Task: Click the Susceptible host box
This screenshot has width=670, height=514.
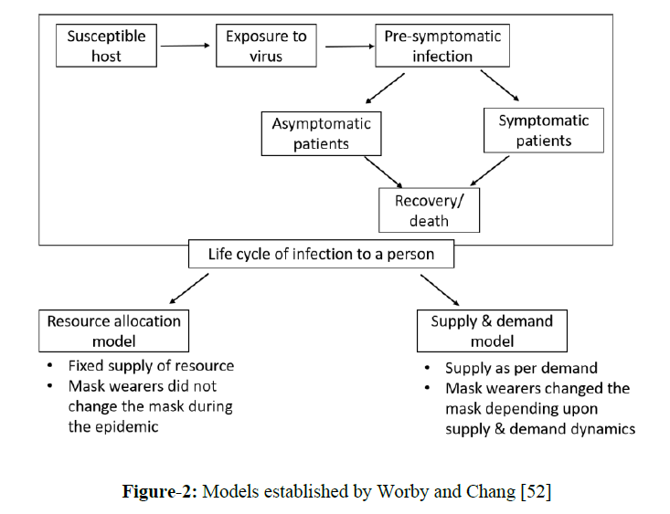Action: (106, 46)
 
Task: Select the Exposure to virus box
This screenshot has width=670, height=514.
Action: (266, 46)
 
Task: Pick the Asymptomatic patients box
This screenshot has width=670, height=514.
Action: (321, 133)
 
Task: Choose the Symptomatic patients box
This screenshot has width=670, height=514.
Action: (544, 130)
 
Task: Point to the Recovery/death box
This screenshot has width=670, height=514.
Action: (429, 209)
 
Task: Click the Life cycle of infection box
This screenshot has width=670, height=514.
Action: (321, 254)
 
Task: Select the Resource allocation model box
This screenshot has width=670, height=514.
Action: (114, 330)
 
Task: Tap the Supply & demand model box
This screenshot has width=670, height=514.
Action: (492, 330)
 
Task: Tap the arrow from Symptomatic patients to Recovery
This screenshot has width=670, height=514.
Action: (490, 171)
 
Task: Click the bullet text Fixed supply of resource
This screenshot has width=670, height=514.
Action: (151, 365)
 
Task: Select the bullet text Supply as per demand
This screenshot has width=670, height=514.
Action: (521, 369)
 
